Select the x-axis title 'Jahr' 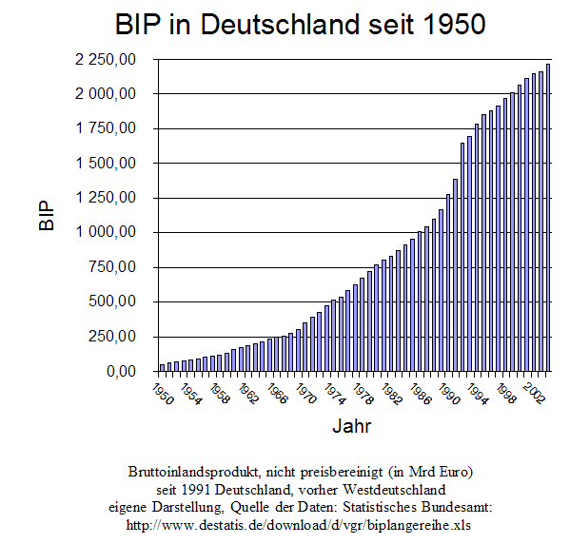351,426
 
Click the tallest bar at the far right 547,218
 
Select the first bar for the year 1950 163,367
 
